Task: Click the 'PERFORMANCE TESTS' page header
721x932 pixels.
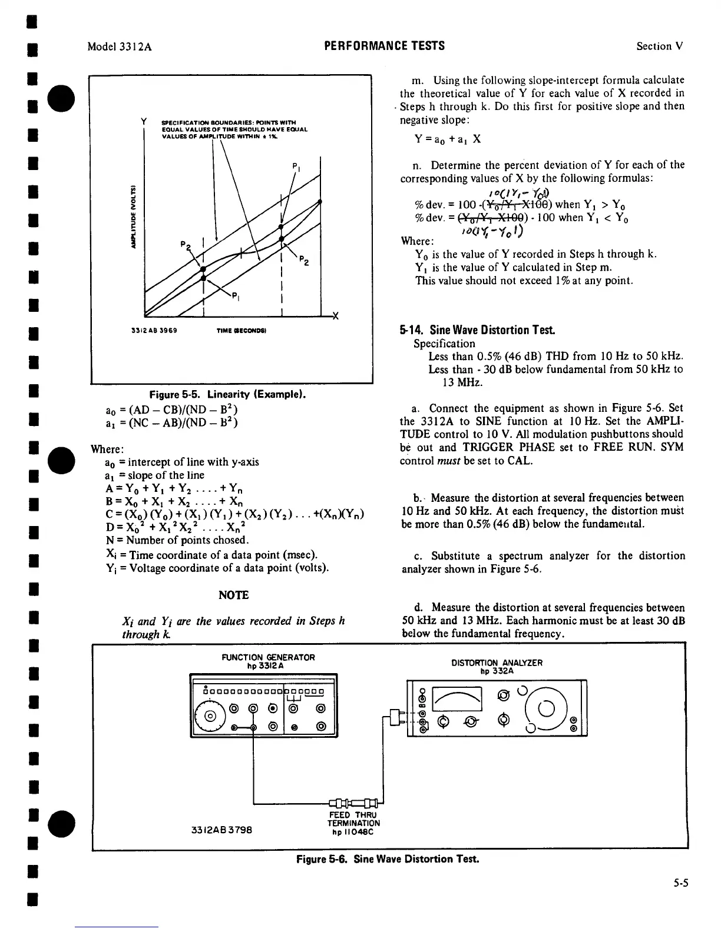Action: (384, 46)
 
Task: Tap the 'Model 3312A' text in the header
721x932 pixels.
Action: (119, 46)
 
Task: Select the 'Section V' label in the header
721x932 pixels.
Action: (659, 46)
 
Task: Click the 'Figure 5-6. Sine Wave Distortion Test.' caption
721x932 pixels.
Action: (388, 858)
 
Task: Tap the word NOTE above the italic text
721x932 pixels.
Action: (233, 595)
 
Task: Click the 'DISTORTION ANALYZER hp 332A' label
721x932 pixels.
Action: (497, 666)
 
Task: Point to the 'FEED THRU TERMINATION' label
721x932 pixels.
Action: (353, 823)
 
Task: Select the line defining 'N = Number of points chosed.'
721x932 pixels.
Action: (175, 540)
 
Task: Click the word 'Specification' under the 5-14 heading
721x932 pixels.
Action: (444, 344)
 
